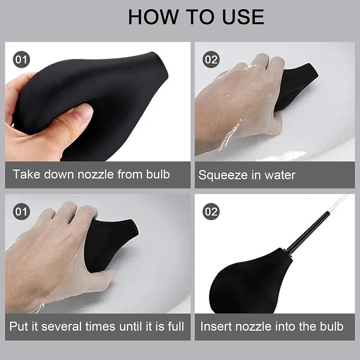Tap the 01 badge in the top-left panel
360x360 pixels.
(21, 60)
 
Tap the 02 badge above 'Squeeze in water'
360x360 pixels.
(211, 60)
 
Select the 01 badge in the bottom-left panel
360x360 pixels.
(21, 212)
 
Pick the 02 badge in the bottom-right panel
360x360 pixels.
(211, 212)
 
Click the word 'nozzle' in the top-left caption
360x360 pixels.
(96, 175)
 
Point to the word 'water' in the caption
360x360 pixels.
(280, 175)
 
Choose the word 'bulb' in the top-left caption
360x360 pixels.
(158, 174)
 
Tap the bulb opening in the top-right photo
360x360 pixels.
(313, 70)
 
